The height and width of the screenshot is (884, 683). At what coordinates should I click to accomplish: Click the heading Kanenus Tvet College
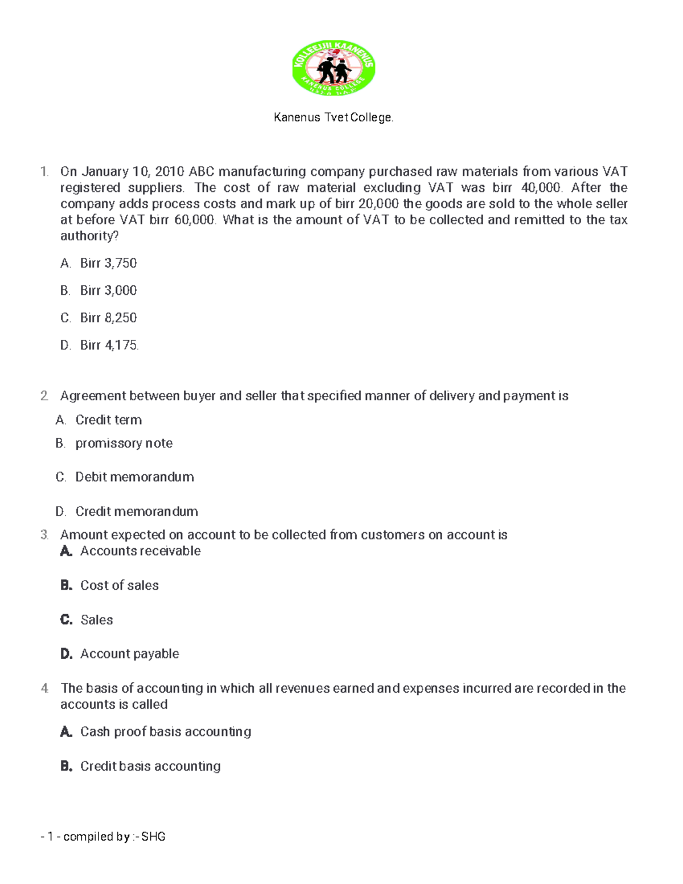(x=334, y=118)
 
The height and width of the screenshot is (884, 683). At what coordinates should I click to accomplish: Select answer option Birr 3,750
(x=108, y=263)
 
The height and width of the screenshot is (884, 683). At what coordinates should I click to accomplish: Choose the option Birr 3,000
(x=108, y=290)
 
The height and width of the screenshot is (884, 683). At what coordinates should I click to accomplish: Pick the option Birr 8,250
(x=108, y=318)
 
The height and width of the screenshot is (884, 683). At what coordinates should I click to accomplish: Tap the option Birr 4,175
(x=109, y=345)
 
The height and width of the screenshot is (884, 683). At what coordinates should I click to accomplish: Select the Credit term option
(x=108, y=420)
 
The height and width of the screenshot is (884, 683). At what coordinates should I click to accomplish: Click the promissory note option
(x=124, y=443)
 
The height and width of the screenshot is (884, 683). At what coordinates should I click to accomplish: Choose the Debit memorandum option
(x=134, y=477)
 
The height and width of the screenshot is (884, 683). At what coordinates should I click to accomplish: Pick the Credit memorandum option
(x=137, y=512)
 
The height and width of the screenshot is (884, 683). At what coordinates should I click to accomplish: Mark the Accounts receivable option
(x=140, y=551)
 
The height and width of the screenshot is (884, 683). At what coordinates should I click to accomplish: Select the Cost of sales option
(x=119, y=585)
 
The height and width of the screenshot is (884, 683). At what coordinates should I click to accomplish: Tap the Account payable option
(x=129, y=654)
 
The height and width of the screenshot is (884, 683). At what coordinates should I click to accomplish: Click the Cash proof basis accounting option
(x=165, y=732)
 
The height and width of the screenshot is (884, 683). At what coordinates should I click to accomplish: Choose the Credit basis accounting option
(x=150, y=766)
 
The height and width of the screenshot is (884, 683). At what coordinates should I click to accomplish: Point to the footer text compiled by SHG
(x=103, y=837)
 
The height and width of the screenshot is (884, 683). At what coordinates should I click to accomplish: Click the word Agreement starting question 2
(x=93, y=396)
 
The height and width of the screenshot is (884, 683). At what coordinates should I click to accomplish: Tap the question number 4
(x=44, y=688)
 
